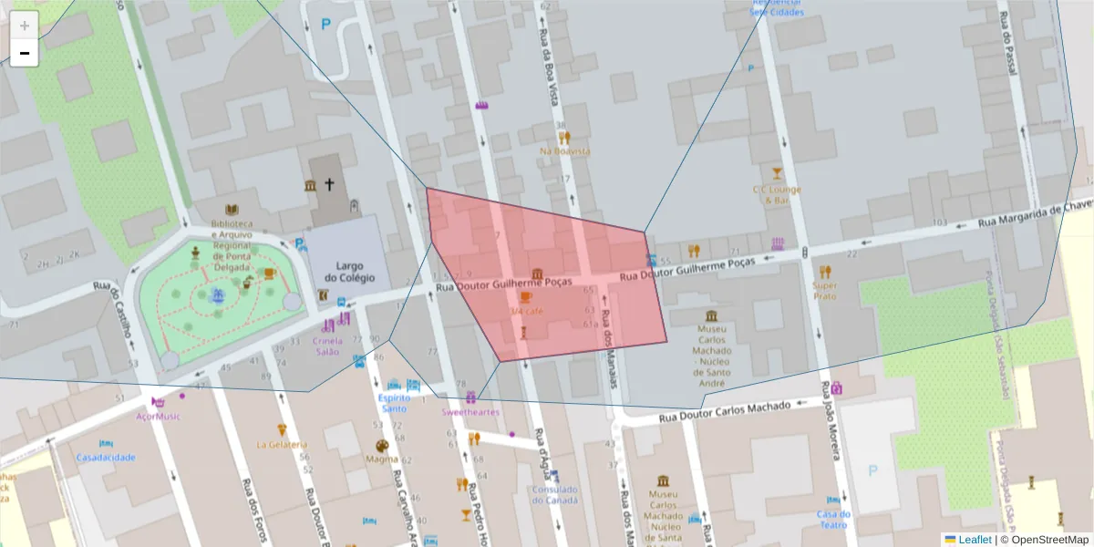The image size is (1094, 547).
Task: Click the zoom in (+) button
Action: pos(24,26)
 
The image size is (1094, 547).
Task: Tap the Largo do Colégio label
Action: pos(343,272)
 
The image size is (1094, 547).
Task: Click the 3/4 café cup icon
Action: pos(525,296)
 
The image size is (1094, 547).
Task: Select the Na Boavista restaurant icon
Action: pos(564,138)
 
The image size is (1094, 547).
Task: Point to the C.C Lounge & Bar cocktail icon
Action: pos(777,173)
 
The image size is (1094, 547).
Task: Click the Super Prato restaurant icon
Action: pos(825,272)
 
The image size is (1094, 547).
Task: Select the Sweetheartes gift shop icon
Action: pos(470,397)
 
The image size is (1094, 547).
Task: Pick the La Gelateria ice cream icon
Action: pos(282,430)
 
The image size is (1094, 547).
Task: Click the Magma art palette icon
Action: pos(382,446)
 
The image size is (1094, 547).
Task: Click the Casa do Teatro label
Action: pos(833,519)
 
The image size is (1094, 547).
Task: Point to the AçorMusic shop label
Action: pos(158,417)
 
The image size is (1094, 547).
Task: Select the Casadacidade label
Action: pos(106,457)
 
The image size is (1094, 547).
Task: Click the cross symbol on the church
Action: pos(329,185)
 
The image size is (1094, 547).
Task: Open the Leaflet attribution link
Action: pos(975,540)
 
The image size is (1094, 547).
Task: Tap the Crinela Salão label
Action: pos(327,346)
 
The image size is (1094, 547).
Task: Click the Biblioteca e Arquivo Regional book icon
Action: pos(232,210)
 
